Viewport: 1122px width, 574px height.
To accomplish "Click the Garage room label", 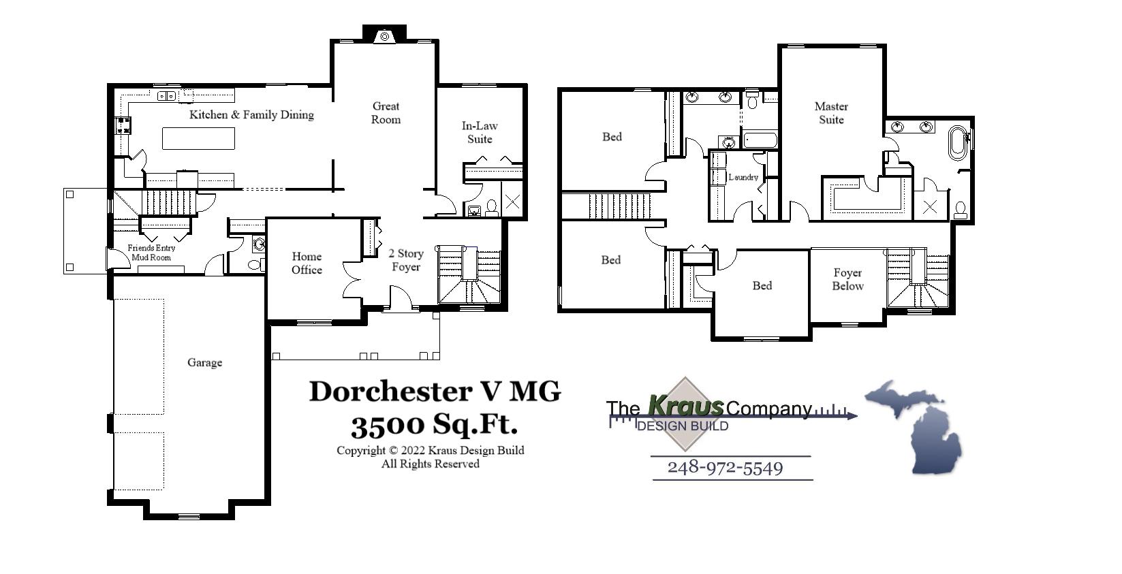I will point(204,363).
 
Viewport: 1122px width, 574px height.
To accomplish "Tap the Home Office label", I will point(307,263).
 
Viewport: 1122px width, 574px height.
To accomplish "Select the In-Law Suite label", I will point(480,132).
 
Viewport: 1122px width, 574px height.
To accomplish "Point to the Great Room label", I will point(386,112).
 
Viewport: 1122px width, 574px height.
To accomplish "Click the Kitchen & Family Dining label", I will point(251,114).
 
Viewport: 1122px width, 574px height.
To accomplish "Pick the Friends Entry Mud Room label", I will point(151,253).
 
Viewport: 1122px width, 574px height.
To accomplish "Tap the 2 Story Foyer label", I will point(406,260).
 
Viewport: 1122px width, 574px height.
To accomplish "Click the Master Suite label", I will point(831,113).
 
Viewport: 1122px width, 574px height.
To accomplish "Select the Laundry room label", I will point(743,177).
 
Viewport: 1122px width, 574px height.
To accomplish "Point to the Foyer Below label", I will point(847,279).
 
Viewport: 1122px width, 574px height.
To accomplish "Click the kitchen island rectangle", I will point(198,138).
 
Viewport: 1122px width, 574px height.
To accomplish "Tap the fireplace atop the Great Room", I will point(384,36).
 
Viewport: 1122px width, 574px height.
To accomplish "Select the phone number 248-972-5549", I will point(725,468).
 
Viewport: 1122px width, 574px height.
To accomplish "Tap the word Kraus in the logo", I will point(685,406).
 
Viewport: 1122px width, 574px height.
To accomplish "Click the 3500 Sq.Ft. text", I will point(434,426).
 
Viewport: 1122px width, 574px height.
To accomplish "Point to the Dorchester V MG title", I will point(435,392).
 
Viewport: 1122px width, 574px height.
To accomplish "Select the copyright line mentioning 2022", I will point(430,450).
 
